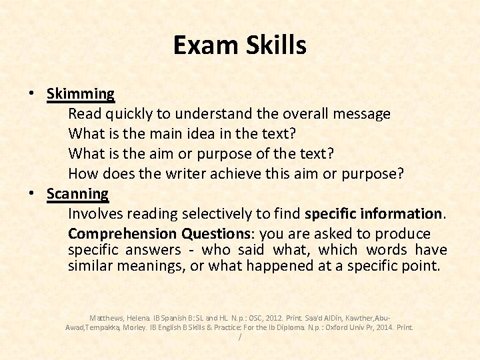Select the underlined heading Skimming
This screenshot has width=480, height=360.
[x=81, y=94]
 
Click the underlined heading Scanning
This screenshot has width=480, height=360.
[x=77, y=194]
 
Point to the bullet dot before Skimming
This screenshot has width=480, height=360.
[x=32, y=94]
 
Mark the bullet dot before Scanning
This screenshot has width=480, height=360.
[x=32, y=194]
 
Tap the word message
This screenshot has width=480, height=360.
[x=363, y=114]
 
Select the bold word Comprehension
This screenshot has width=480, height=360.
[x=123, y=234]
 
